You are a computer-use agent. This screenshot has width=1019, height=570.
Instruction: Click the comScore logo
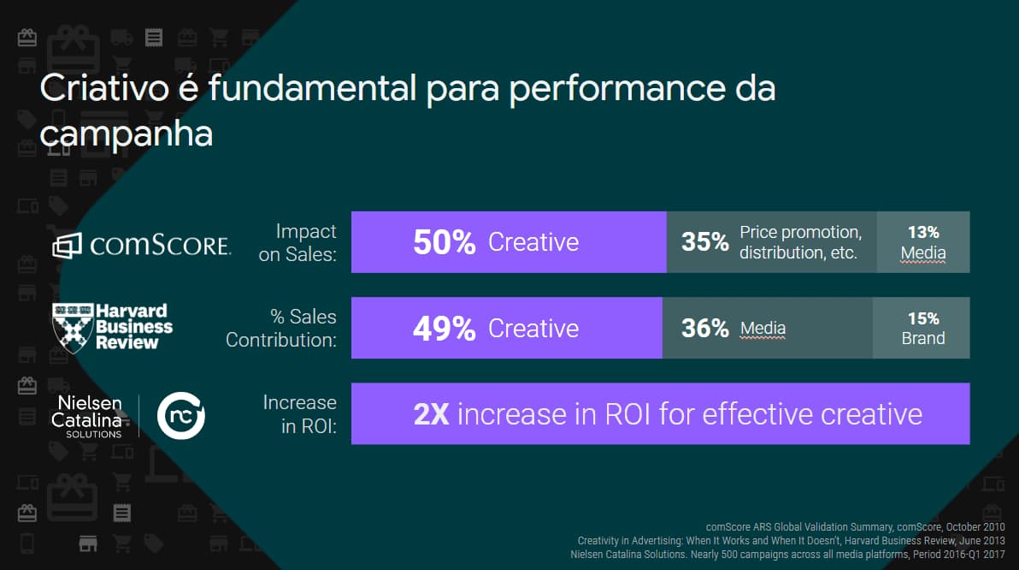tap(141, 246)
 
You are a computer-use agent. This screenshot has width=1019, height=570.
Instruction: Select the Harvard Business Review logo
tap(113, 326)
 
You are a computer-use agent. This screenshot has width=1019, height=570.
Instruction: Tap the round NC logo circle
tap(181, 416)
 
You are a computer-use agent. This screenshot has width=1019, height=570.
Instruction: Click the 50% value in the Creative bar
tap(444, 243)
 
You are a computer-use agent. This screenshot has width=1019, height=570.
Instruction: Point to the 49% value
tap(444, 329)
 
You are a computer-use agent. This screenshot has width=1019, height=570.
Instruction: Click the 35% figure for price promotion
tap(704, 242)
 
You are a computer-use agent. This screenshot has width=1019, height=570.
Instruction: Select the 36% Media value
tap(704, 328)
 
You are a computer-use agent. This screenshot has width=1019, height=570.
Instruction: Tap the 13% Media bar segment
tap(923, 242)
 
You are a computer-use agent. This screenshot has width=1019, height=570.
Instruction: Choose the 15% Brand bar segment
tap(922, 328)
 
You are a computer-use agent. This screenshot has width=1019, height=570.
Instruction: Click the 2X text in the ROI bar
tap(431, 414)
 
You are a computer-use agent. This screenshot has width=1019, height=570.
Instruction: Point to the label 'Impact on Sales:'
tap(297, 243)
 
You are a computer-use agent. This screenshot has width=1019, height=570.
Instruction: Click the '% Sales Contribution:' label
tap(281, 329)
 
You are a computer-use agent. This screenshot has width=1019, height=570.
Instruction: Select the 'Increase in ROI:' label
tap(299, 414)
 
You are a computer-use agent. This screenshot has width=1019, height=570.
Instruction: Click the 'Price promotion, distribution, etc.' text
tap(800, 242)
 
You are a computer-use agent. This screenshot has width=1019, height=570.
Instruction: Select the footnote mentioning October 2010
tap(856, 526)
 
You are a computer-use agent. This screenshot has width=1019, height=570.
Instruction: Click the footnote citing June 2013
tap(792, 541)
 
